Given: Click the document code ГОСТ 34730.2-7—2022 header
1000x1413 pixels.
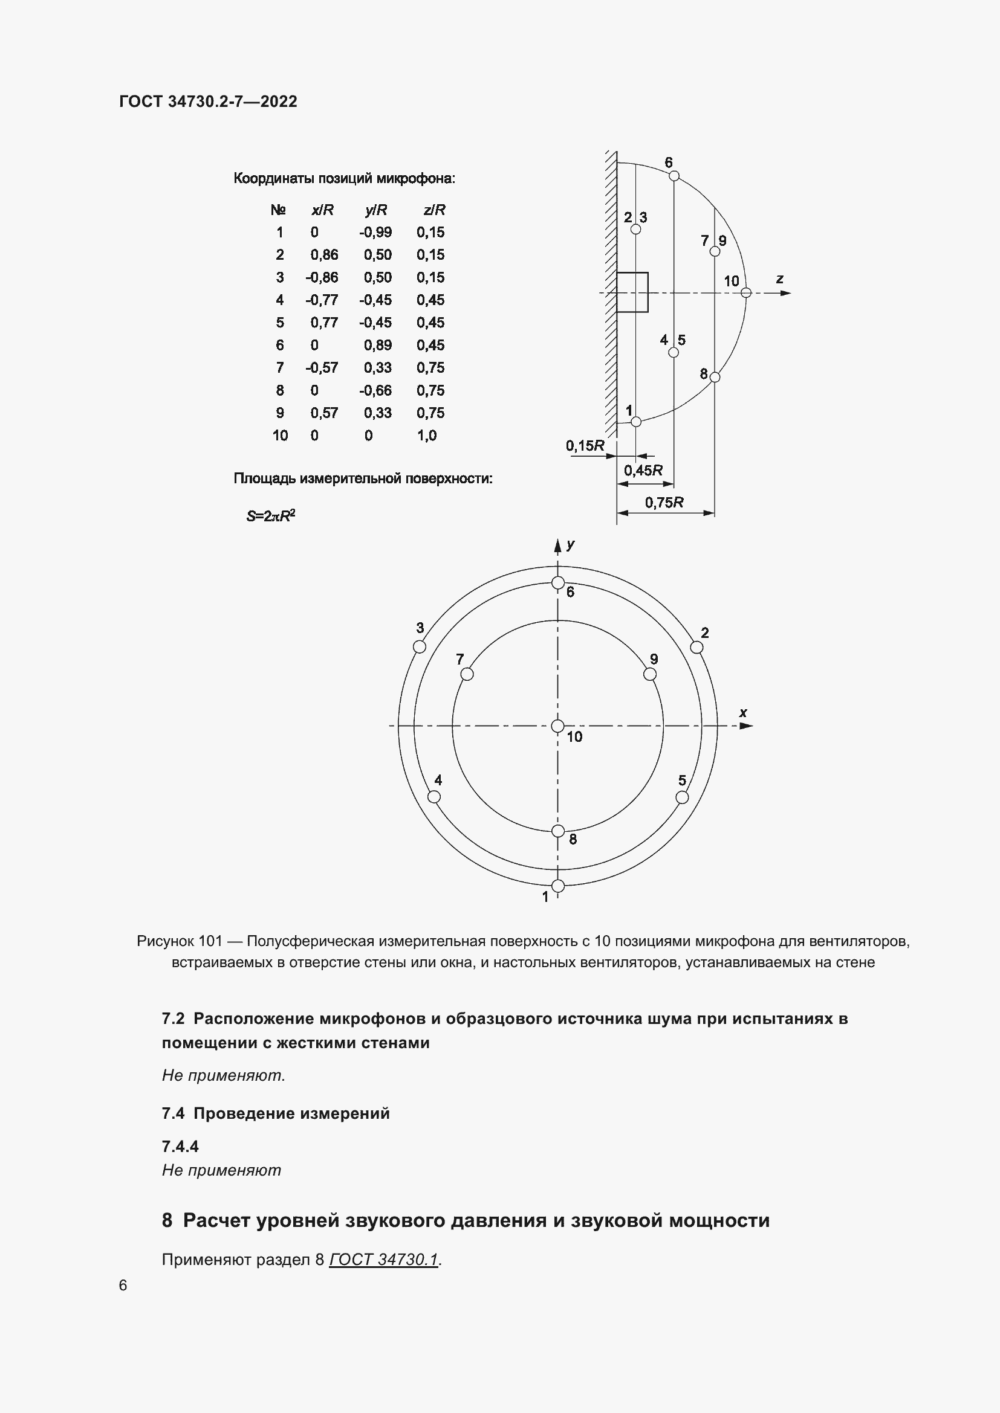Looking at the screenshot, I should pyautogui.click(x=208, y=101).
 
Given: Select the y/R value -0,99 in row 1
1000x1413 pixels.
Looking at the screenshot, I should pyautogui.click(x=375, y=233).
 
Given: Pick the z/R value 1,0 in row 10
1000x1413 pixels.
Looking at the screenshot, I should pyautogui.click(x=427, y=436).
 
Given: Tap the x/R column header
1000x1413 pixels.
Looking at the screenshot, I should pyautogui.click(x=322, y=210).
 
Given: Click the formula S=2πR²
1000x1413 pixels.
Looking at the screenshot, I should pyautogui.click(x=271, y=516).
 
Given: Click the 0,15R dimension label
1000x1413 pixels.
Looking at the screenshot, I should pyautogui.click(x=585, y=446).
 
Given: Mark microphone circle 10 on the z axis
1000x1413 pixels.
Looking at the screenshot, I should pyautogui.click(x=745, y=293).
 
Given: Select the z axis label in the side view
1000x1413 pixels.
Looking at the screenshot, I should pyautogui.click(x=779, y=280).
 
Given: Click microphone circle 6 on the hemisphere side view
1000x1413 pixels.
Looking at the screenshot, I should pyautogui.click(x=674, y=176).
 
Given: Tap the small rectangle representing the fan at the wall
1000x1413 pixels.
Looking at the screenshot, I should pyautogui.click(x=632, y=292).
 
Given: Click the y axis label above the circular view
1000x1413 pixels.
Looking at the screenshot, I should pyautogui.click(x=571, y=545).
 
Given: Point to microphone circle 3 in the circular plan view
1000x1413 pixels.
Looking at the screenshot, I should pyautogui.click(x=420, y=647).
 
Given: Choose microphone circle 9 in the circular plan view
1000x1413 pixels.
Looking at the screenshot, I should pyautogui.click(x=649, y=675).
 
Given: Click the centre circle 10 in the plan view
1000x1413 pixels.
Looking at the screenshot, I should pyautogui.click(x=558, y=726).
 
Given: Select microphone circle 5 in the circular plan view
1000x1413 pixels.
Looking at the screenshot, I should pyautogui.click(x=682, y=797).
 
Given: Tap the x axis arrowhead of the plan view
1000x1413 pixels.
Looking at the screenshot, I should pyautogui.click(x=746, y=726).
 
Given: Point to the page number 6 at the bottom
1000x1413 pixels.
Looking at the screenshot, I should pyautogui.click(x=123, y=1286).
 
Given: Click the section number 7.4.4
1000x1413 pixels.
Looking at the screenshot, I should pyautogui.click(x=180, y=1147).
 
